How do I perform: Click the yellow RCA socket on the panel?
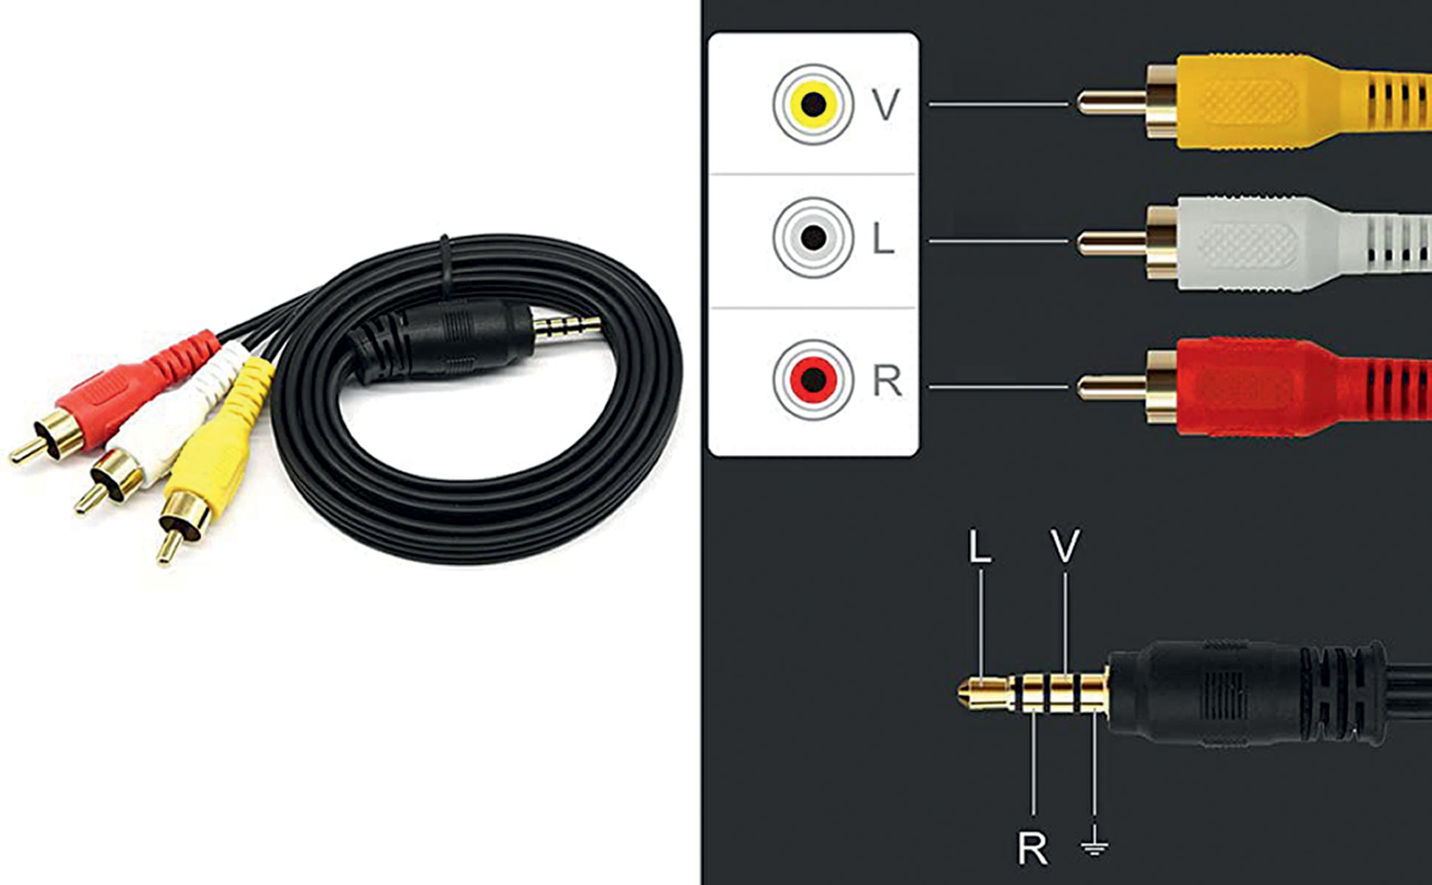click(812, 104)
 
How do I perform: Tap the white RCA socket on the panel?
click(812, 237)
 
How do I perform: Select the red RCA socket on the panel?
click(812, 379)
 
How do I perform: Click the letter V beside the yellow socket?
click(885, 105)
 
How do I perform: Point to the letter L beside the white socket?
click(882, 238)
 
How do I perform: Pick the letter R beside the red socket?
click(886, 381)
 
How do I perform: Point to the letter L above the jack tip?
click(979, 546)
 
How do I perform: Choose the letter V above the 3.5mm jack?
click(1065, 546)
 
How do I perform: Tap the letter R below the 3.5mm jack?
click(1032, 849)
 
